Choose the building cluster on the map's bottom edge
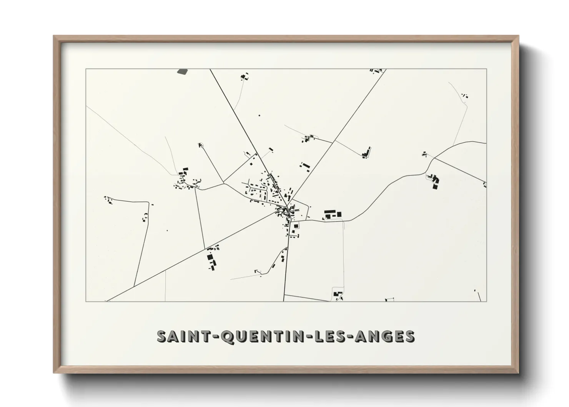tap(338, 295)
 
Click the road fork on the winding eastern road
tap(434, 158)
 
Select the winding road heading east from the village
tap(377, 200)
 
